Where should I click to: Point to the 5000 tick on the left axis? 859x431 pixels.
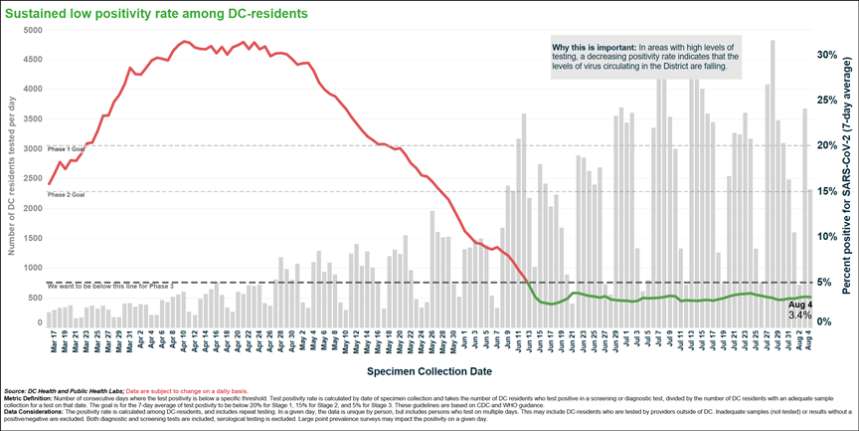pos(31,31)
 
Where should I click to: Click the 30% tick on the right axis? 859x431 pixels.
pos(827,55)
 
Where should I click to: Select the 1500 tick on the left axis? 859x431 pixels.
pos(31,239)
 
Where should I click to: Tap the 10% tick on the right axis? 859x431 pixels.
pos(827,236)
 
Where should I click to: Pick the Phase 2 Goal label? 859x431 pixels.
pos(66,195)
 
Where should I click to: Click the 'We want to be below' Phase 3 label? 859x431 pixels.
pos(109,287)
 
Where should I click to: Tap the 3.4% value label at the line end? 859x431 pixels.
pos(799,315)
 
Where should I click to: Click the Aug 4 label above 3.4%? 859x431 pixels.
pos(799,304)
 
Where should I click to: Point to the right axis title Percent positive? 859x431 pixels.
pos(846,189)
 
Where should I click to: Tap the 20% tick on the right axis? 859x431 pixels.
pos(827,145)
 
